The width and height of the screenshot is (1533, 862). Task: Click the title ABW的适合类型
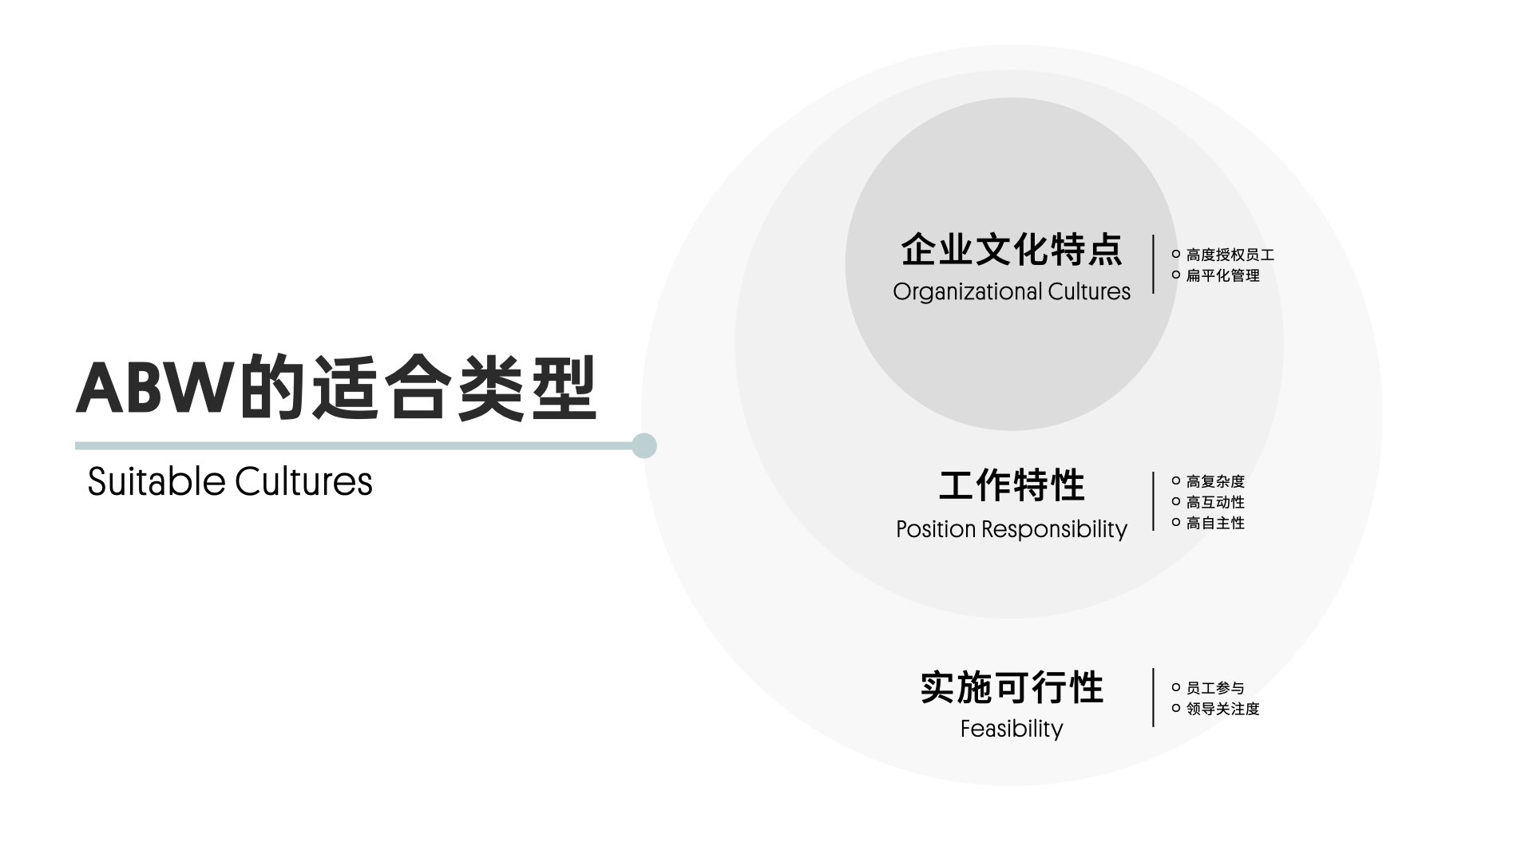pyautogui.click(x=336, y=389)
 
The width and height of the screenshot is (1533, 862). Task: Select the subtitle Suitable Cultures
pyautogui.click(x=230, y=481)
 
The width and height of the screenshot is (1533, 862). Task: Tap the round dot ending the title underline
pyautogui.click(x=644, y=445)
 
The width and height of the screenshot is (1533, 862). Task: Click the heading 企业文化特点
pyautogui.click(x=1012, y=250)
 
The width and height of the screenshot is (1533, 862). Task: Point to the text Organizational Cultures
pyautogui.click(x=1012, y=292)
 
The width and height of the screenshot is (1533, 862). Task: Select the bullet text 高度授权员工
pyautogui.click(x=1230, y=255)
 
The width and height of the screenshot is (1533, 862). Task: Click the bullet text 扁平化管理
pyautogui.click(x=1222, y=276)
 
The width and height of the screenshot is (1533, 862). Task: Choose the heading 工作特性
pyautogui.click(x=1012, y=485)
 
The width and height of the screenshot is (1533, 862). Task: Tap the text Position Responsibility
pyautogui.click(x=1012, y=529)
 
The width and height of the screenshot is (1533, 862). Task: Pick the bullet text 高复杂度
pyautogui.click(x=1215, y=482)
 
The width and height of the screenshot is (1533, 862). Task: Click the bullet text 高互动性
pyautogui.click(x=1215, y=503)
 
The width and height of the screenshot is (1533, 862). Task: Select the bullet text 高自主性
pyautogui.click(x=1215, y=524)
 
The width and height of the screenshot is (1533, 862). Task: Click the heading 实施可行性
pyautogui.click(x=1012, y=688)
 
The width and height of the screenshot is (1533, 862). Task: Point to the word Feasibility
pyautogui.click(x=1012, y=729)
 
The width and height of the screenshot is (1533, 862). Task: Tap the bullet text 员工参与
pyautogui.click(x=1215, y=688)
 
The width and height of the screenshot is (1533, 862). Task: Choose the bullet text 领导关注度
pyautogui.click(x=1222, y=709)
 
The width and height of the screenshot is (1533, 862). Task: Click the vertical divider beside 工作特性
pyautogui.click(x=1154, y=501)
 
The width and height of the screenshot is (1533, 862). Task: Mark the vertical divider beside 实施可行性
pyautogui.click(x=1154, y=698)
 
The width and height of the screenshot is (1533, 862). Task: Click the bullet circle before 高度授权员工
pyautogui.click(x=1176, y=254)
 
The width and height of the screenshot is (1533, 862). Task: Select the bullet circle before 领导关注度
pyautogui.click(x=1176, y=708)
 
